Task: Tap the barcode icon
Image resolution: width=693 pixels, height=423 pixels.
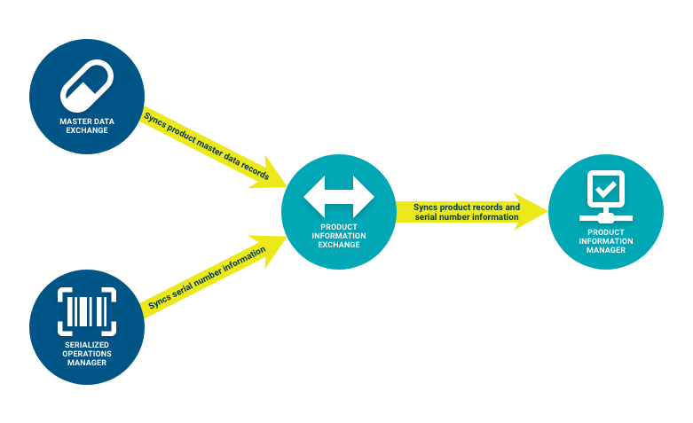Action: pos(85,309)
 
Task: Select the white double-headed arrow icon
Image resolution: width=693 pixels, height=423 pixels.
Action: pos(339,197)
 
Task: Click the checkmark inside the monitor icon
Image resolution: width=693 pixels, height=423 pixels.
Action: pos(605,189)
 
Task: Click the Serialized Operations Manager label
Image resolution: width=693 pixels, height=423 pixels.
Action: pos(86,352)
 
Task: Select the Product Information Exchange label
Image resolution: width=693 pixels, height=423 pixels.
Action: pos(339,235)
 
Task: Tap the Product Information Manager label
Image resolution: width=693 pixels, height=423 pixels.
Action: pos(606,239)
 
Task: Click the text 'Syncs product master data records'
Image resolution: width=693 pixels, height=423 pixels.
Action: pos(206,146)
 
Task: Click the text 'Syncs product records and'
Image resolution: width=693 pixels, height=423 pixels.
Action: pos(467,207)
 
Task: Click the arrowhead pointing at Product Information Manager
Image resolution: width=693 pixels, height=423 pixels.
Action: pos(533,210)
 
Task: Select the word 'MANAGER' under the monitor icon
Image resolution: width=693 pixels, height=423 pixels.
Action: pos(606,249)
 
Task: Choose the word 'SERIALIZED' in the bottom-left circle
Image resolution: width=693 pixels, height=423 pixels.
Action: pos(86,343)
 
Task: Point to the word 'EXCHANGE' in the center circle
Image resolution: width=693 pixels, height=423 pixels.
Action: pos(339,244)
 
